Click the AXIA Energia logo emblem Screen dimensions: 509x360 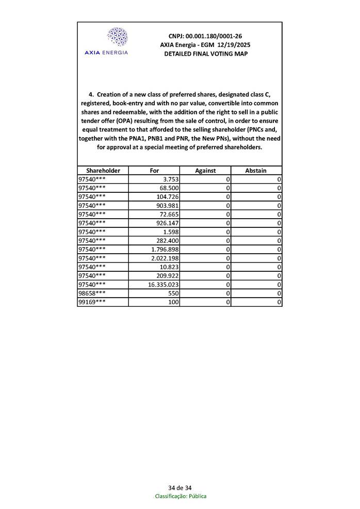(x=117, y=37)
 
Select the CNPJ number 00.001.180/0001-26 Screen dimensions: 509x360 (x=212, y=36)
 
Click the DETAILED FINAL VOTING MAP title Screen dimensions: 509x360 (x=205, y=54)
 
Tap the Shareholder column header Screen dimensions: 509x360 (x=103, y=170)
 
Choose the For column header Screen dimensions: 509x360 (x=154, y=170)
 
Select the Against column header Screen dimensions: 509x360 (x=205, y=170)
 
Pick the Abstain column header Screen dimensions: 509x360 (x=256, y=170)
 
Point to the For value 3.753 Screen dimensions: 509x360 (x=170, y=179)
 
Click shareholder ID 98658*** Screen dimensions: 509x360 (x=92, y=293)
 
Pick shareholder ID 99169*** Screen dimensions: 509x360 (x=92, y=302)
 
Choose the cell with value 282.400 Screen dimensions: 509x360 (x=167, y=241)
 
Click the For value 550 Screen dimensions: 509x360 (x=173, y=293)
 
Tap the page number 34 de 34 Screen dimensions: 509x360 (x=180, y=488)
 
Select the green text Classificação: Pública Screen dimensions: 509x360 (x=181, y=496)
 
